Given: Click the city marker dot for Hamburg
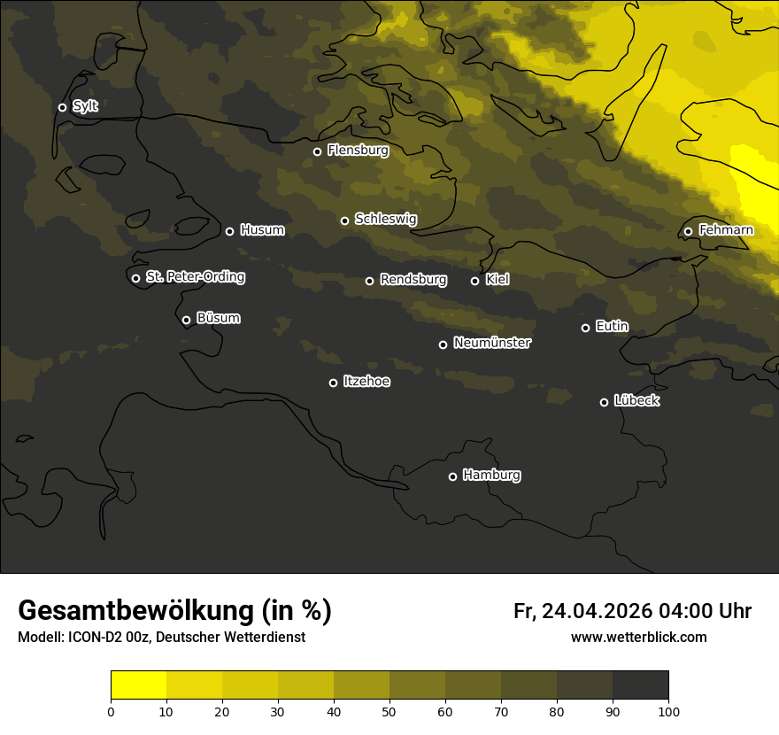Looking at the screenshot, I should point(452,476).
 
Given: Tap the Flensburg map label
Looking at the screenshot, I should point(358,151).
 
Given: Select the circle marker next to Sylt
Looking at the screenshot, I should point(62,107).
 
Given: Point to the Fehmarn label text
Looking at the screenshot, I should point(726,230).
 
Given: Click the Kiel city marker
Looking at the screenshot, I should point(474,281).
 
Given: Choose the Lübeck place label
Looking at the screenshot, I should point(636,401).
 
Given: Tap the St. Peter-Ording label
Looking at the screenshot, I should point(195,277).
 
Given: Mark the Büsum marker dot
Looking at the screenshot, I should point(186,321).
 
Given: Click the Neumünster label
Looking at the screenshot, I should point(491,343).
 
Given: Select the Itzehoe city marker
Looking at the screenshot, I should point(333,383).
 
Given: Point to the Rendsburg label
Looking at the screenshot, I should point(413,280).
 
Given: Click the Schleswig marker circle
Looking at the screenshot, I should point(344,220).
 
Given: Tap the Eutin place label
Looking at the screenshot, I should point(612,327).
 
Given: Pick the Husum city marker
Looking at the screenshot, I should point(229,231).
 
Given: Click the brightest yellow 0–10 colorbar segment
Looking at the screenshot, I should point(138,685).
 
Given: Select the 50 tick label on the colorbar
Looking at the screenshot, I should point(389,711).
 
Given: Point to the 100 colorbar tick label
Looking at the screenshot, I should point(668,711).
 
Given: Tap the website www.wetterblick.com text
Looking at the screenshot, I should point(638,637).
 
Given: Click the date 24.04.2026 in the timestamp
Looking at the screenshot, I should point(597,611).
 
